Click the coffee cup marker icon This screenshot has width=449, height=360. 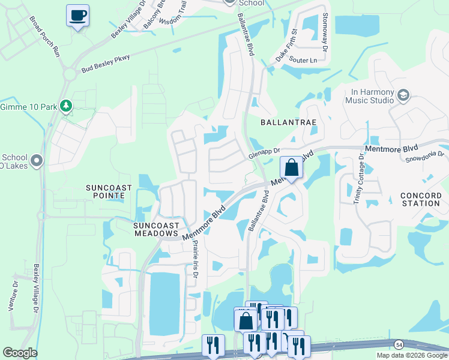tap(77, 15)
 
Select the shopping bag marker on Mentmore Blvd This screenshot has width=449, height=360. tap(291, 167)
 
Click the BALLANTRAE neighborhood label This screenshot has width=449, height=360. tap(288, 121)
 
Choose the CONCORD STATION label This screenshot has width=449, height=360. tap(420, 199)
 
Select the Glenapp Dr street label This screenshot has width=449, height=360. tap(265, 154)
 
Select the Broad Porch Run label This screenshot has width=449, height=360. tap(44, 36)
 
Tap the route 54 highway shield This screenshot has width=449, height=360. tap(399, 344)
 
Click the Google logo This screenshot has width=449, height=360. tap(20, 353)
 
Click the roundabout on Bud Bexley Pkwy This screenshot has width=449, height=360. tap(70, 74)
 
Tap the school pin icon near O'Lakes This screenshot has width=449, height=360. tap(37, 160)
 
